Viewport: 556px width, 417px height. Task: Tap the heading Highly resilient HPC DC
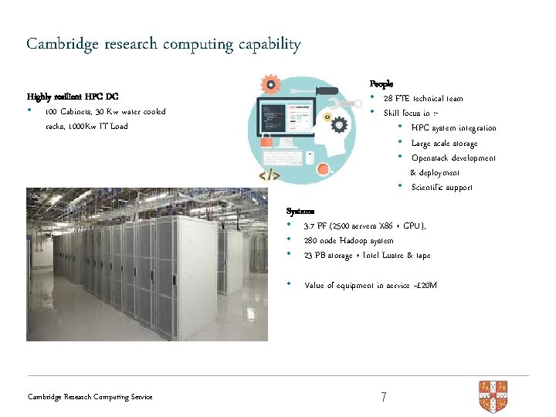click(x=73, y=97)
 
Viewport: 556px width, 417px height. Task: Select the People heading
click(x=381, y=83)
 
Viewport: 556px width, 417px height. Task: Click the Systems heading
click(x=300, y=211)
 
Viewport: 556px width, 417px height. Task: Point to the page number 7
click(x=384, y=397)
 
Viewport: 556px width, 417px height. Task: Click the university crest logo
click(x=493, y=395)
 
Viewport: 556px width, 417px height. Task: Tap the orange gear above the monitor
click(x=270, y=83)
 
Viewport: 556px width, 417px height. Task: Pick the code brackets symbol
click(x=268, y=176)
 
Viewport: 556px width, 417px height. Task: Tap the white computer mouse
click(x=310, y=157)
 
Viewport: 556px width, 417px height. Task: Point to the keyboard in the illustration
click(x=283, y=158)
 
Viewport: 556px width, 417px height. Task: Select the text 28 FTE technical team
click(x=423, y=98)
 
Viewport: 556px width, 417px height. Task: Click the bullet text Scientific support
click(x=442, y=187)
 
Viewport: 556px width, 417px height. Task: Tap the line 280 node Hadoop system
click(x=349, y=240)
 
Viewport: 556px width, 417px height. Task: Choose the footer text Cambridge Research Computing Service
click(x=90, y=397)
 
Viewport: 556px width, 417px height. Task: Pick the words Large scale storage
click(x=444, y=143)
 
